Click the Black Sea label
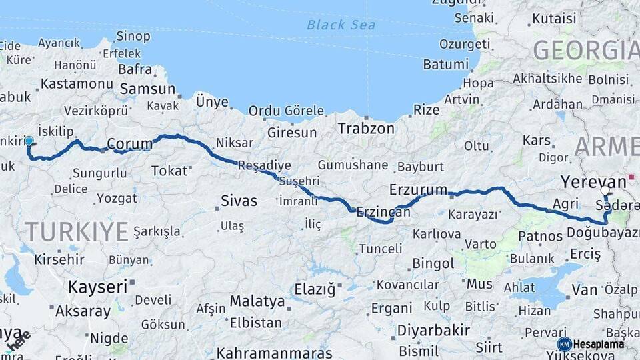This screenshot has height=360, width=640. [341, 25]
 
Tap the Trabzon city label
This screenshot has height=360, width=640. [366, 128]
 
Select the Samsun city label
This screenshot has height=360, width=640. [147, 89]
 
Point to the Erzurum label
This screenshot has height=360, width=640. [418, 189]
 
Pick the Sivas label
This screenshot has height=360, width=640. [239, 201]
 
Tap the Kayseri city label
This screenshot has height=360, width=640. [97, 287]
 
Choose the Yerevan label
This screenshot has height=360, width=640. [593, 181]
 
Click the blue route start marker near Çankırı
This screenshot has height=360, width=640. [29, 141]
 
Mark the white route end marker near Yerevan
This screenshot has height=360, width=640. [605, 191]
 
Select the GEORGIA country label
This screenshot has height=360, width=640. [585, 51]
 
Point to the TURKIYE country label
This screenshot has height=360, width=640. [77, 231]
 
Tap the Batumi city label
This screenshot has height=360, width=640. [445, 65]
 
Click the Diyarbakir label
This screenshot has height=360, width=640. [435, 330]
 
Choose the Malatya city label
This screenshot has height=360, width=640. [257, 301]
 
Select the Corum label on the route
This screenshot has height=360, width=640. [129, 143]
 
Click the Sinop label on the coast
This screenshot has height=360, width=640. [133, 37]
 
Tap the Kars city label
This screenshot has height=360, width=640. [537, 141]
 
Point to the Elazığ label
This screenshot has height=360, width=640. [315, 290]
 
